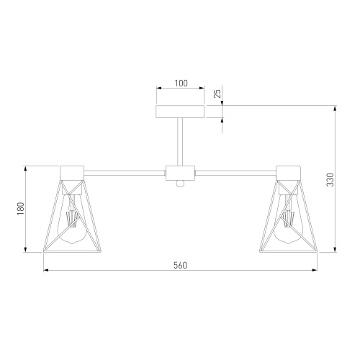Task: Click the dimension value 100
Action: (x=181, y=84)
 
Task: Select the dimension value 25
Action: (x=217, y=94)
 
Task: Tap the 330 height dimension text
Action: (x=330, y=179)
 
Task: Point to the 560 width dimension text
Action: (x=180, y=265)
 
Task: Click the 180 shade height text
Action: (x=21, y=208)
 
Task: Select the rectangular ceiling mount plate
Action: (x=180, y=112)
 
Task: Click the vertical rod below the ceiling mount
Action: (x=180, y=142)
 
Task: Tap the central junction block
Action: (x=180, y=173)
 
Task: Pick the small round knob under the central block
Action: (x=180, y=184)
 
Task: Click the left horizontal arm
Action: (x=125, y=173)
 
